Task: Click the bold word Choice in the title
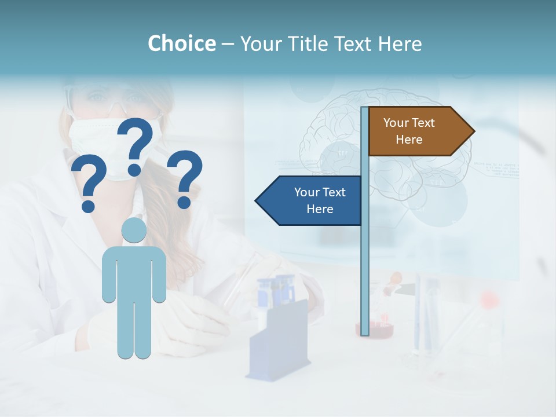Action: [x=181, y=43]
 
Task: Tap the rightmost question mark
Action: [x=185, y=178]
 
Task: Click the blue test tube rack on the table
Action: [x=278, y=342]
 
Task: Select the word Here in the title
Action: [x=400, y=43]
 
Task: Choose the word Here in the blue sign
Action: [x=320, y=209]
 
